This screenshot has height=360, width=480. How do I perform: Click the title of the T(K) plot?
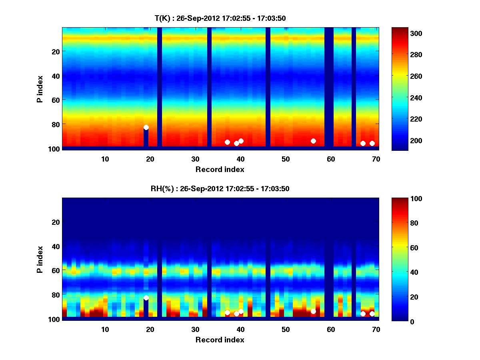(x=220, y=18)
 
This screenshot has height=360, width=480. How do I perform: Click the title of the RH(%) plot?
(x=220, y=188)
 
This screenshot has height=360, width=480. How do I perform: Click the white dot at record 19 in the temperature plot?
(x=146, y=127)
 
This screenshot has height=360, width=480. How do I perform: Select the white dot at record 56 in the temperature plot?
(x=313, y=141)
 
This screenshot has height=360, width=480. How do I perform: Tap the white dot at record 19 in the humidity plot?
(x=146, y=298)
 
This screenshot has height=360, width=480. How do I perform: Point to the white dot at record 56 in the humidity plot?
(x=313, y=311)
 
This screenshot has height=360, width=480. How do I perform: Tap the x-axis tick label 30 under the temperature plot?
(x=195, y=159)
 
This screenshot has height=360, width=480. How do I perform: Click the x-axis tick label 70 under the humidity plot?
(x=376, y=330)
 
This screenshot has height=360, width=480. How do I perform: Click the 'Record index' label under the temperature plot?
(x=220, y=169)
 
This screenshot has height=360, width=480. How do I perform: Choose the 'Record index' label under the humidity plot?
(x=220, y=340)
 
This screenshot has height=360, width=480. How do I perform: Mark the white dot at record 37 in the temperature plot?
(x=227, y=142)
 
